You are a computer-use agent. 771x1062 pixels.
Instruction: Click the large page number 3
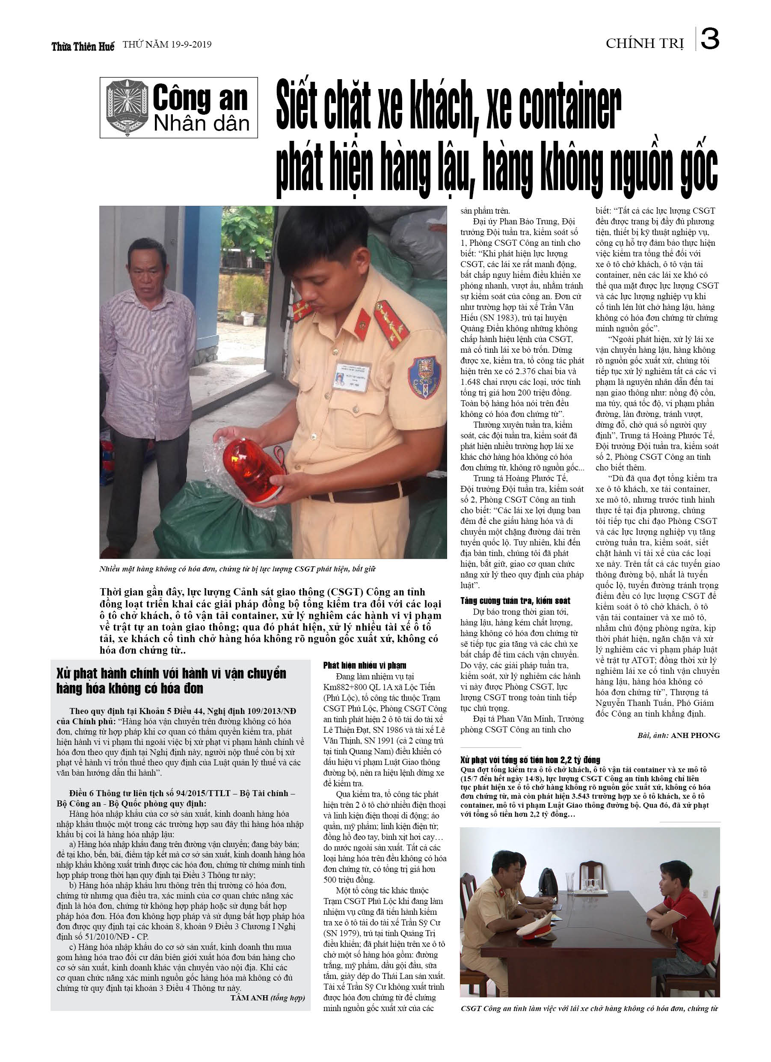(710, 40)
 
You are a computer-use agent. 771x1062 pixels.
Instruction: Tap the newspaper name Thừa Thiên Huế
(83, 46)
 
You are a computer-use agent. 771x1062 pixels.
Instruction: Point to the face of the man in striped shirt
(146, 267)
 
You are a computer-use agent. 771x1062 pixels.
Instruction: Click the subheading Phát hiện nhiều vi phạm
(364, 665)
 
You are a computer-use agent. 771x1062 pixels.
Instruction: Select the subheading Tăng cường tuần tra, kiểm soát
(515, 601)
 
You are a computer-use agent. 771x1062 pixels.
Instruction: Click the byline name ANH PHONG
(695, 736)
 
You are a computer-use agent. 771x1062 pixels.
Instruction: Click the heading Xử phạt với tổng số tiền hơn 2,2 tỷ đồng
(530, 759)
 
